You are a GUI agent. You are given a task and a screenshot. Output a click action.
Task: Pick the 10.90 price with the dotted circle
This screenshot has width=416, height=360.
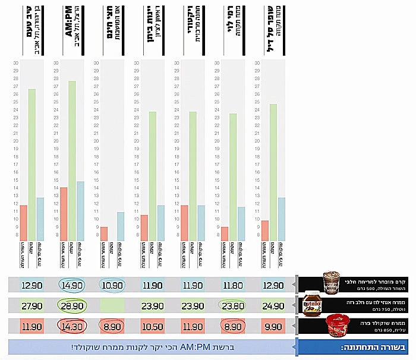pos(113,285)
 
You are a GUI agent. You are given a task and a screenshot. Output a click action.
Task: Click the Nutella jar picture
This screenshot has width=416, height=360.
pos(313,305)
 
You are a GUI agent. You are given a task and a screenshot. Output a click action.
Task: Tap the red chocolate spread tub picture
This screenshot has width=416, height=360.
pos(336,325)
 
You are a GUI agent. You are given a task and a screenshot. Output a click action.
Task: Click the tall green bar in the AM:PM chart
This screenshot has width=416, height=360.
pos(73,160)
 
